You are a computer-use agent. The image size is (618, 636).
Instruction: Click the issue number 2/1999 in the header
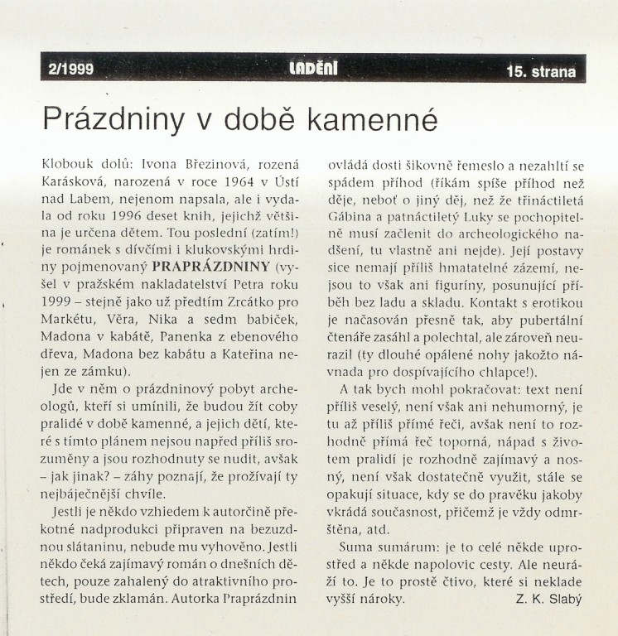(x=71, y=70)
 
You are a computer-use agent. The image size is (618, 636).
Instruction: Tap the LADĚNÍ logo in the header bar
(x=313, y=70)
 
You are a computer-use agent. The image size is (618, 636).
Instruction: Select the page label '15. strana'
(x=540, y=71)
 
